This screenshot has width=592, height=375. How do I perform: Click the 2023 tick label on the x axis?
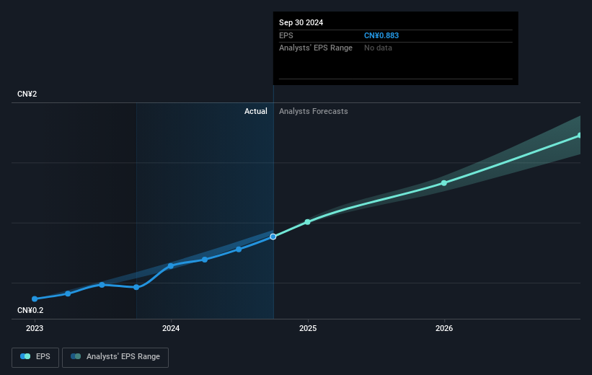click(35, 327)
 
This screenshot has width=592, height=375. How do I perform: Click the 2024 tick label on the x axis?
click(171, 327)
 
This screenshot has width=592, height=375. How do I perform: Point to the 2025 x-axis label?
click(308, 327)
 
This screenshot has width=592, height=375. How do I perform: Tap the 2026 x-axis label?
click(444, 327)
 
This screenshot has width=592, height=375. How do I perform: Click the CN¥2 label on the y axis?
click(28, 94)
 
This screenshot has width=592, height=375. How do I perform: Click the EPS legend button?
click(35, 356)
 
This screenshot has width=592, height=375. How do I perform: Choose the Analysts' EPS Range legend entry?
click(115, 356)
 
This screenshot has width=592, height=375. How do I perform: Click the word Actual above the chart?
click(255, 111)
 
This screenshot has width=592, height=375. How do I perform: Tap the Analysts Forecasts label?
click(313, 111)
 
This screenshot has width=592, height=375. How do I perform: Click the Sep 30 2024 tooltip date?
click(301, 22)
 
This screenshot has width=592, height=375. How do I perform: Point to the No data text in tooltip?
click(379, 48)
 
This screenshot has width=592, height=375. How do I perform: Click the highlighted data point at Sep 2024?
click(273, 237)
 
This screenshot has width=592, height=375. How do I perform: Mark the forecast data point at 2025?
click(308, 221)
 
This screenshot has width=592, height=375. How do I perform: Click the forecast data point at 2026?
click(444, 182)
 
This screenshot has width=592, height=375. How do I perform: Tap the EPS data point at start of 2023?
click(35, 299)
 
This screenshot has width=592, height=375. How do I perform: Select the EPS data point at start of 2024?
click(171, 265)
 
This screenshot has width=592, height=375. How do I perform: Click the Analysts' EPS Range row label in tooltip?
click(316, 48)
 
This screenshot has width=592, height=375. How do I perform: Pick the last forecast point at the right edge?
click(579, 136)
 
